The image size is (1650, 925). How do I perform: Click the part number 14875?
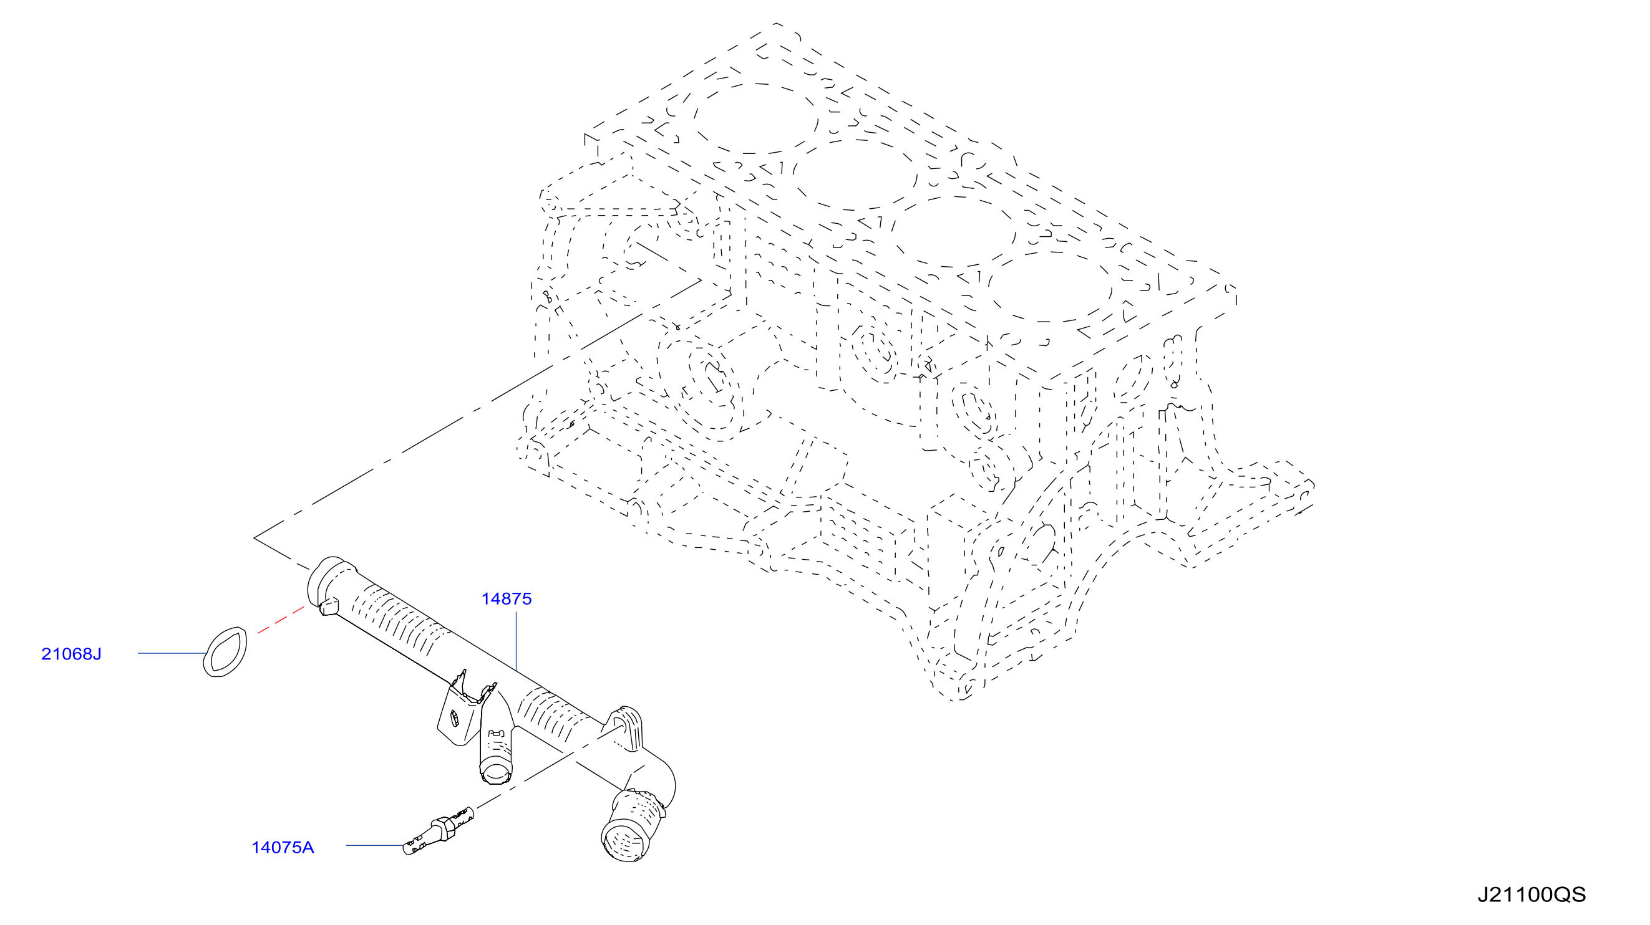pyautogui.click(x=506, y=599)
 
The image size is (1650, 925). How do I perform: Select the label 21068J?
pyautogui.click(x=71, y=654)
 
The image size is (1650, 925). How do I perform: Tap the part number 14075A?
pyautogui.click(x=283, y=848)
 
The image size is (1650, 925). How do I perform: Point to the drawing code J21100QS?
pyautogui.click(x=1531, y=895)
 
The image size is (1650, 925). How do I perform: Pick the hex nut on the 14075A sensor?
pyautogui.click(x=444, y=827)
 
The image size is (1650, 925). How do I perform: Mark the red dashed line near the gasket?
pyautogui.click(x=281, y=620)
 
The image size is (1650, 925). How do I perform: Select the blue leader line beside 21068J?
pyautogui.click(x=172, y=654)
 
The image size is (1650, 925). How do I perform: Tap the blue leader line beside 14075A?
pyautogui.click(x=375, y=846)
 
